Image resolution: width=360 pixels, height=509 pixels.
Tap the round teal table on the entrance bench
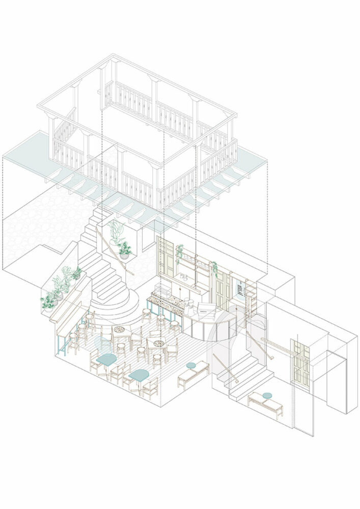(x=267, y=395)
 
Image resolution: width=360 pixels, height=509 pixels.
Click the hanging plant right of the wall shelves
(x=214, y=268)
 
